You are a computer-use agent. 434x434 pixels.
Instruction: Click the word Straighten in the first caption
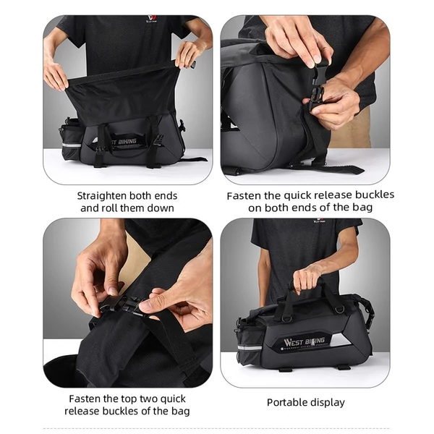point(101,196)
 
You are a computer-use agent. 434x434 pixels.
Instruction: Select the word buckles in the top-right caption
point(375,195)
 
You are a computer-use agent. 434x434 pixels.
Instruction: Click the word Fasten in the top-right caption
point(244,196)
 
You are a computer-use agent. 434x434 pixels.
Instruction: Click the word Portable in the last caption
point(286,402)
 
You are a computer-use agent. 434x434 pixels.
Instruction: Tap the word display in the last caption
point(325,403)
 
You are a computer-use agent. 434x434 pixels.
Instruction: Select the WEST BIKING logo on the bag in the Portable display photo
point(305,342)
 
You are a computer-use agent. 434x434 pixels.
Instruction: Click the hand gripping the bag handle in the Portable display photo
point(308,278)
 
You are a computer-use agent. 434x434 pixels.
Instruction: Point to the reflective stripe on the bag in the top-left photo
point(72,145)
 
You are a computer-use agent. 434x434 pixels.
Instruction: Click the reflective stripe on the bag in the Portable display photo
point(250,348)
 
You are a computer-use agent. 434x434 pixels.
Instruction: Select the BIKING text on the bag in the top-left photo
point(127,142)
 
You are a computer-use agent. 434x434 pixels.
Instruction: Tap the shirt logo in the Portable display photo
point(320,221)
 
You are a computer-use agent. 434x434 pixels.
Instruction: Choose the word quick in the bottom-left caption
point(173,399)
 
